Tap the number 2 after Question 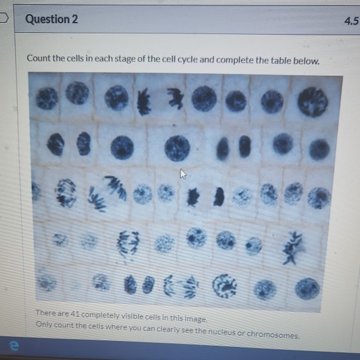click(75, 19)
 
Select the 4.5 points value click(351, 22)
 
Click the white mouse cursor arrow click(183, 174)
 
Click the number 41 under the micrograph click(76, 314)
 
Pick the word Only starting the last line click(45, 324)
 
